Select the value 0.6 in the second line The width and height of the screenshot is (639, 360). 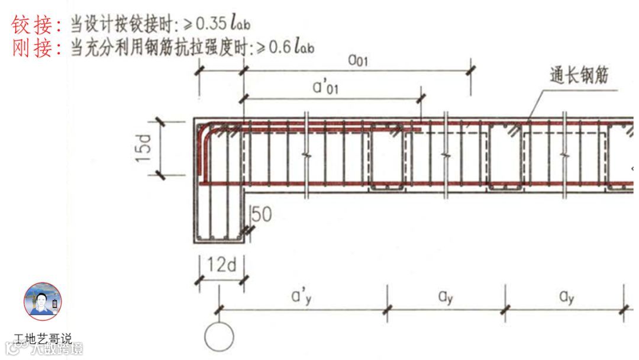click(279, 47)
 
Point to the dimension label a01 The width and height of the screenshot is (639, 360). click(357, 60)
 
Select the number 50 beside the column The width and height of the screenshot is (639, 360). click(261, 214)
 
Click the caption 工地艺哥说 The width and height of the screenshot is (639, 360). click(43, 339)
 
